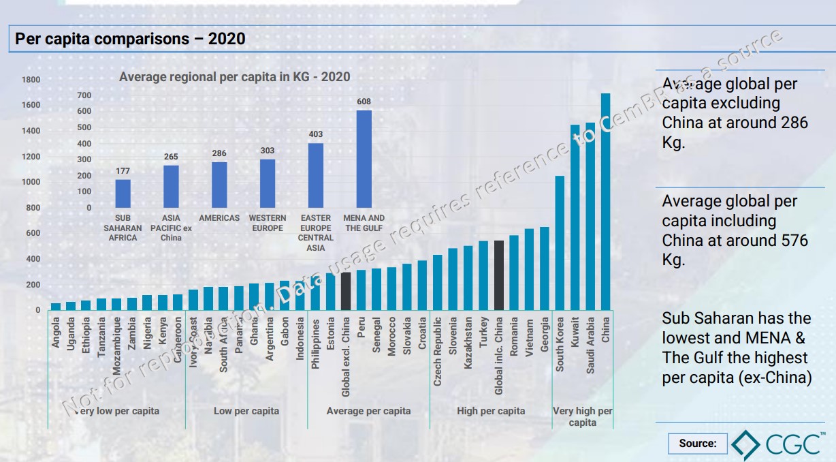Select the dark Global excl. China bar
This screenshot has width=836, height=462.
click(346, 291)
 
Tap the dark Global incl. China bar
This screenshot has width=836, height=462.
click(498, 275)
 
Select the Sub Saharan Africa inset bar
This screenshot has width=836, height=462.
click(123, 194)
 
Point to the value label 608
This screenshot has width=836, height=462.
click(364, 102)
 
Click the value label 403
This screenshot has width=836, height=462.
click(316, 134)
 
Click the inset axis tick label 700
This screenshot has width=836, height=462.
click(84, 95)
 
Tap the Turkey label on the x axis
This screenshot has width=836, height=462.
click(483, 333)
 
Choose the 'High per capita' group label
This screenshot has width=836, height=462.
click(491, 411)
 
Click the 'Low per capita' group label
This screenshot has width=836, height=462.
click(246, 411)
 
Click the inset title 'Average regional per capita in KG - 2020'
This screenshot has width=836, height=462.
click(235, 77)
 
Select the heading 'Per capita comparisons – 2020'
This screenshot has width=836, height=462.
click(130, 40)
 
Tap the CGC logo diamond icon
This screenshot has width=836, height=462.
click(746, 443)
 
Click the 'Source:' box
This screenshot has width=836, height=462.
click(698, 444)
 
